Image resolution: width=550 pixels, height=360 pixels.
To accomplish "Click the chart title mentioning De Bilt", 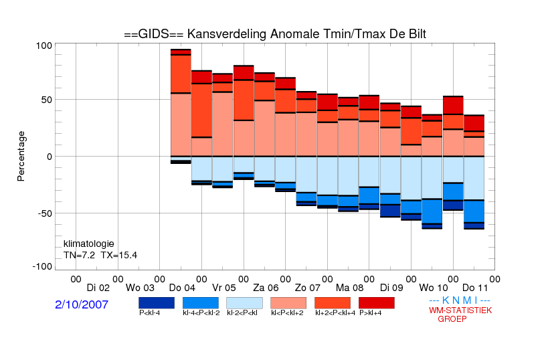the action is tap(275, 34).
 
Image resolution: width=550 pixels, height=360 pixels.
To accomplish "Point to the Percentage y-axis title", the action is tap(21, 156).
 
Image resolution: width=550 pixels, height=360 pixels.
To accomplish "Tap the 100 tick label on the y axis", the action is tap(44, 46).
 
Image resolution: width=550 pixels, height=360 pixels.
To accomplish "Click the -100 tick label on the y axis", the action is tap(42, 267).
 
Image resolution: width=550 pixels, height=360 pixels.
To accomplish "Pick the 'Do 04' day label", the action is tap(182, 288).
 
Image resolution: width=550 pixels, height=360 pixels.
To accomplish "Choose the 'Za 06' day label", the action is tap(266, 288).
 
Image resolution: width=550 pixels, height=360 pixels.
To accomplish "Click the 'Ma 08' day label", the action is tap(350, 288).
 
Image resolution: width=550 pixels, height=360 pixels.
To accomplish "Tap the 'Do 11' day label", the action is tap(475, 288).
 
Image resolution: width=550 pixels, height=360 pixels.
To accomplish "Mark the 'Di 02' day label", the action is tap(98, 288).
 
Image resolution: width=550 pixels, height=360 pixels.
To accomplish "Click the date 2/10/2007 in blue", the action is tap(82, 304).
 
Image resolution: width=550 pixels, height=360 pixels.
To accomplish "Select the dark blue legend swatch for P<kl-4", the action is tap(157, 303).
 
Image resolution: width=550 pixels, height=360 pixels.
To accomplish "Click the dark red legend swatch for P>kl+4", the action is tap(377, 303).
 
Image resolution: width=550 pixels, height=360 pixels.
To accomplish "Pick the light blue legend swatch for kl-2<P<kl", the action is tap(244, 303).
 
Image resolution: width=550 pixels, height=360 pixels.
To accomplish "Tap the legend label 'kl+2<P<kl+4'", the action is tap(335, 313).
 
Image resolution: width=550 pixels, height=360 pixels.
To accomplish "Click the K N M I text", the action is tap(460, 300).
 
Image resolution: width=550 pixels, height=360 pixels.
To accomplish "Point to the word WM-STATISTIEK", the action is tap(460, 310).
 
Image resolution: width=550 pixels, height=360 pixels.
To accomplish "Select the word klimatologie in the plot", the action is tap(89, 244).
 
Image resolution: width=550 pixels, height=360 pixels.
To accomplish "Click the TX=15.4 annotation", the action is tap(119, 255).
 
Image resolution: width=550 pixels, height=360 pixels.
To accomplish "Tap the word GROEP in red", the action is tap(452, 319).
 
